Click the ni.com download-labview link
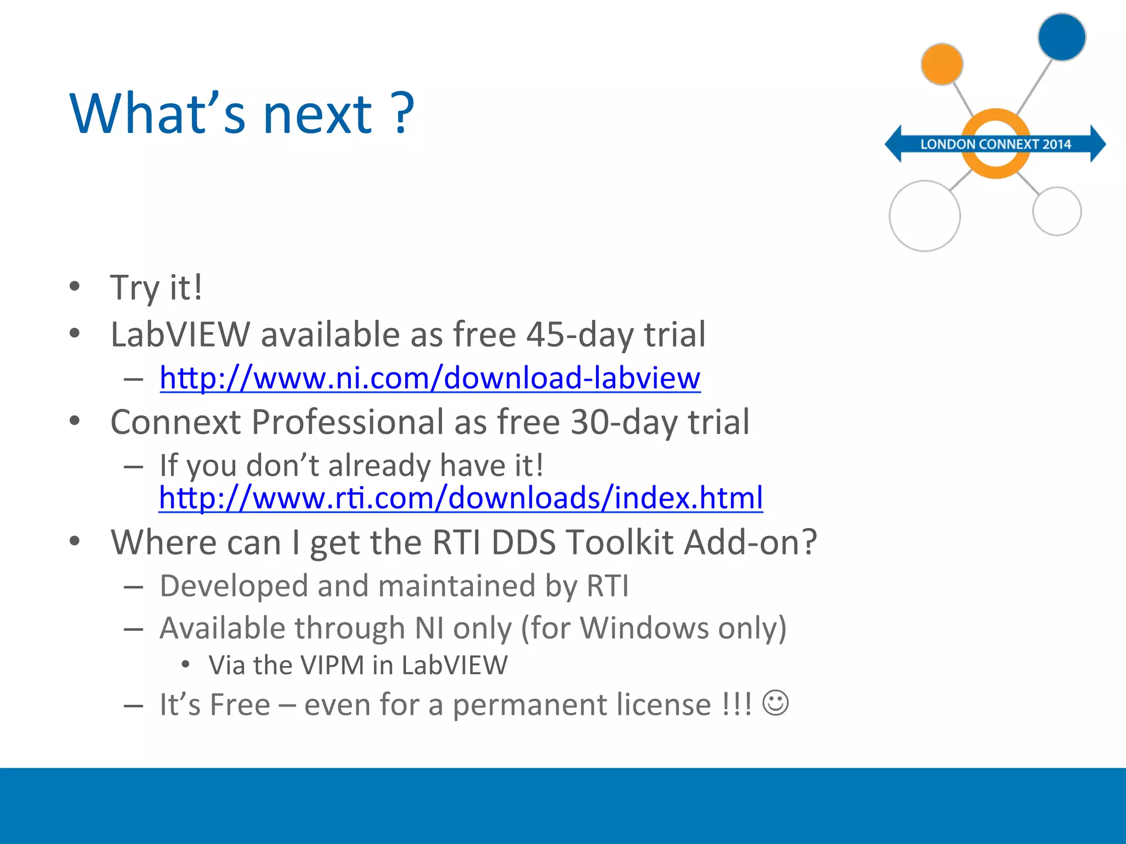430,378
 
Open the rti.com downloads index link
461,498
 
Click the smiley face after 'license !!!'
776,703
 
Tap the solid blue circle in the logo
1062,37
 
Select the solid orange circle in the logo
942,64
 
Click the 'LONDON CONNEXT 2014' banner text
996,145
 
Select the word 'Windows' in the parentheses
644,628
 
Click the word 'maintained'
456,586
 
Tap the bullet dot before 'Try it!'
75,286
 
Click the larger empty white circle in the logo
925,216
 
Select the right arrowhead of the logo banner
1097,144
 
